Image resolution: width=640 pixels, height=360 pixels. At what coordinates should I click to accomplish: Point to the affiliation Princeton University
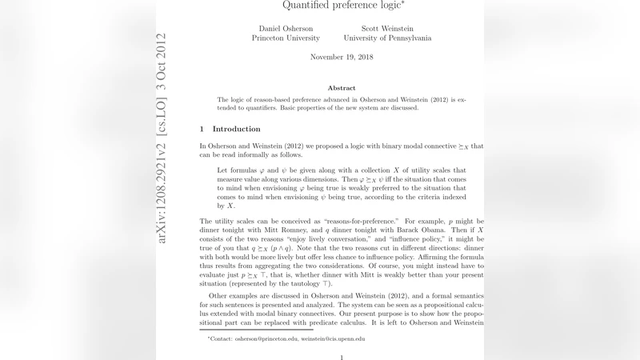pyautogui.click(x=286, y=38)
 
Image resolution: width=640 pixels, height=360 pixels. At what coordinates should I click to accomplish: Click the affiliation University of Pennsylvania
pyautogui.click(x=387, y=38)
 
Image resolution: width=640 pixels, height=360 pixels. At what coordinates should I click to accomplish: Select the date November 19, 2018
pyautogui.click(x=342, y=58)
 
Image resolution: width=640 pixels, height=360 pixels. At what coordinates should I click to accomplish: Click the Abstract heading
pyautogui.click(x=342, y=88)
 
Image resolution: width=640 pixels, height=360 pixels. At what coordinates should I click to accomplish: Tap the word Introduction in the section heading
pyautogui.click(x=236, y=129)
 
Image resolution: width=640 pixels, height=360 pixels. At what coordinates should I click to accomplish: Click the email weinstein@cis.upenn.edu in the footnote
pyautogui.click(x=334, y=338)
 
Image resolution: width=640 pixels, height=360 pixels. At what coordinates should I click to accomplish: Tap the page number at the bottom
pyautogui.click(x=342, y=357)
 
